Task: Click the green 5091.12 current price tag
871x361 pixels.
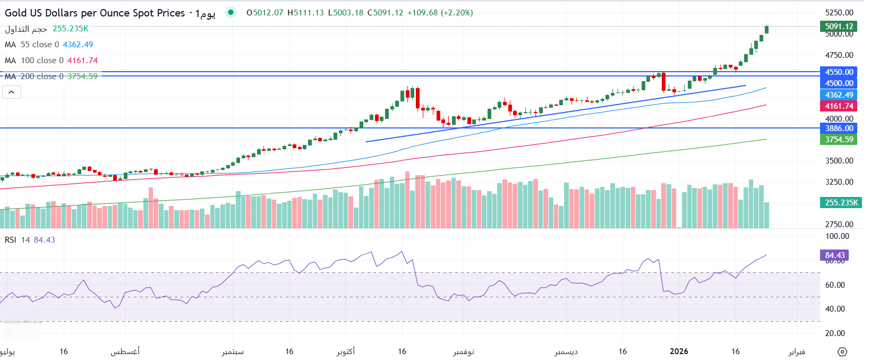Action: tap(839, 26)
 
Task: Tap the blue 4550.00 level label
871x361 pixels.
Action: tap(839, 72)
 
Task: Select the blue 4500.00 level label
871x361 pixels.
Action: tap(839, 83)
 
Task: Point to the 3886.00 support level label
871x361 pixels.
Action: tap(839, 128)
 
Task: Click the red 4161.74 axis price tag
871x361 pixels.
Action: tap(839, 106)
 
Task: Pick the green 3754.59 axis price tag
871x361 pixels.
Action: tap(839, 140)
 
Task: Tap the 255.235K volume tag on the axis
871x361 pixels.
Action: tap(841, 202)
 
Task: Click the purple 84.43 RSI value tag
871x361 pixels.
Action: tap(834, 255)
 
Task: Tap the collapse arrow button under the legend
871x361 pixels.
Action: tap(12, 92)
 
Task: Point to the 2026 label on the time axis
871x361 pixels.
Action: tap(679, 351)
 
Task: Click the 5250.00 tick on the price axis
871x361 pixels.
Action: tap(839, 13)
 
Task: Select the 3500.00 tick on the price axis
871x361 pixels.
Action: tap(839, 161)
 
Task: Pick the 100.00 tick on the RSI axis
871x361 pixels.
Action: tap(837, 236)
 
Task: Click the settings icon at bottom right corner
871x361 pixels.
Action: tap(842, 351)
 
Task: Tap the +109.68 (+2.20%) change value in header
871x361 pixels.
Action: tap(440, 13)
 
